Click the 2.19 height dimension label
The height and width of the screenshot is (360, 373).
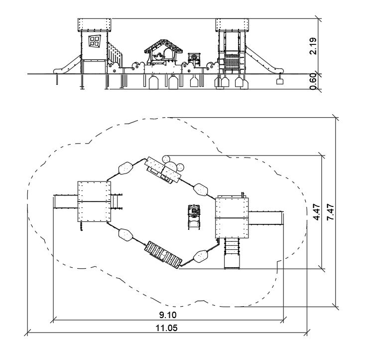click(313, 46)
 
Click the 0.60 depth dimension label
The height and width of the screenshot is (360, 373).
click(313, 81)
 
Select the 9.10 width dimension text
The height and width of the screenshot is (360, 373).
click(168, 315)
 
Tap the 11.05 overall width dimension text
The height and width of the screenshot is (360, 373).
click(166, 328)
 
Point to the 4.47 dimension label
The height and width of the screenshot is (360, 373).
click(317, 212)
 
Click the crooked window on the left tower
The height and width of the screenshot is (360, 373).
click(95, 41)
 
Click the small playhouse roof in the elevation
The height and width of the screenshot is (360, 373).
click(163, 46)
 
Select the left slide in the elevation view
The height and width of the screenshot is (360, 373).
click(67, 64)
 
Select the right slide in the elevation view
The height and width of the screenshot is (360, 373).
click(264, 60)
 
